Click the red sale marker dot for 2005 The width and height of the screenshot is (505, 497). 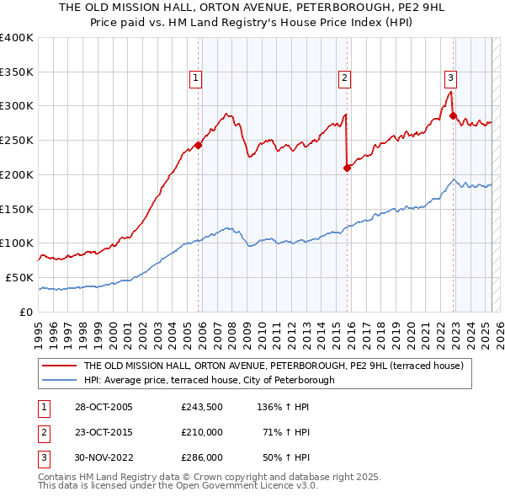(x=199, y=145)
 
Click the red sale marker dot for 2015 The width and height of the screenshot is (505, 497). (x=347, y=168)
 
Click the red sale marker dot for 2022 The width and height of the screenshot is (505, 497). (x=453, y=115)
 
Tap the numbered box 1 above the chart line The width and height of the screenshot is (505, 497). (x=195, y=79)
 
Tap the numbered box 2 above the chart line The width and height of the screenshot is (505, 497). (x=344, y=79)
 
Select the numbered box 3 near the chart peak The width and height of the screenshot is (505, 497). (x=450, y=79)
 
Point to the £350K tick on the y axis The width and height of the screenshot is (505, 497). (x=17, y=72)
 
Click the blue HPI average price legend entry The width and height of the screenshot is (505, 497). (x=209, y=380)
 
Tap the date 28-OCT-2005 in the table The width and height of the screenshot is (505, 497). (x=103, y=407)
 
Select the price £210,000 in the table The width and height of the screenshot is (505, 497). (x=201, y=432)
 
